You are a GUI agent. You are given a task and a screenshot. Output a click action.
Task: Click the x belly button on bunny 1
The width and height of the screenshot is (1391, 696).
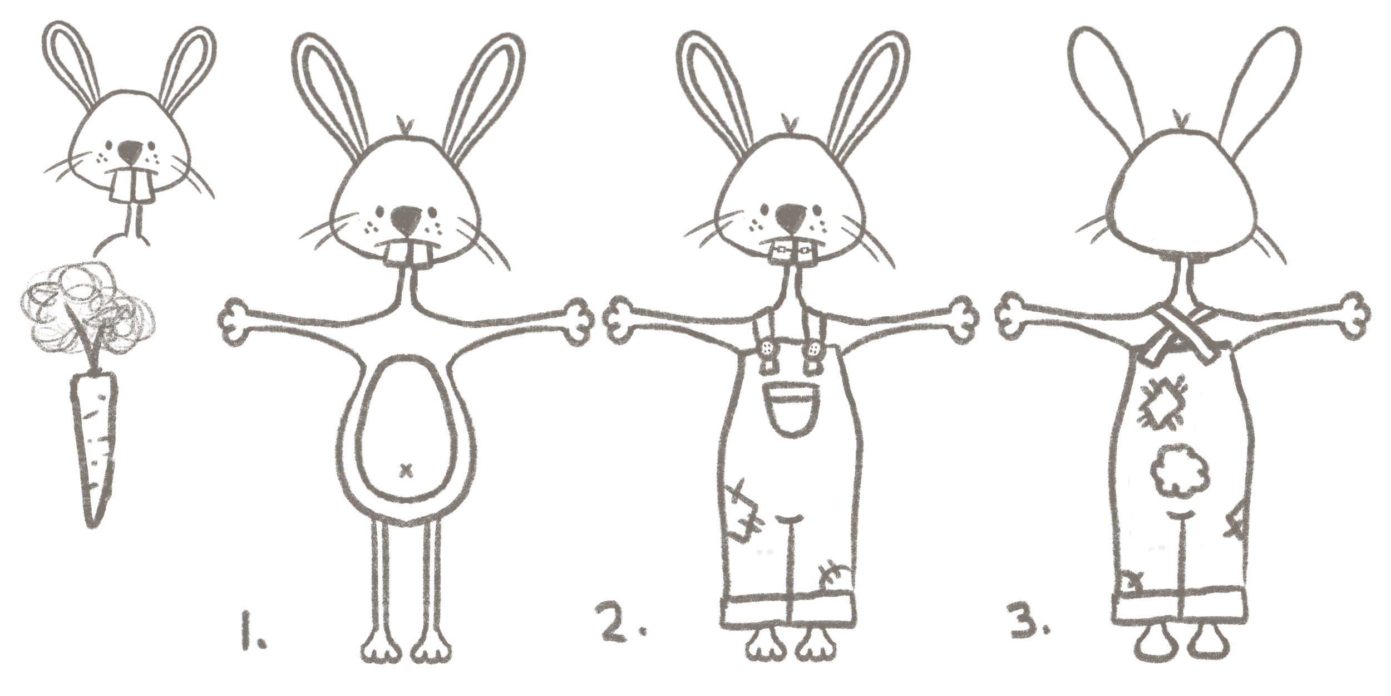407,471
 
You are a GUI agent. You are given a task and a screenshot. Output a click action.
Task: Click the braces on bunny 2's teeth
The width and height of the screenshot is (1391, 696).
790,253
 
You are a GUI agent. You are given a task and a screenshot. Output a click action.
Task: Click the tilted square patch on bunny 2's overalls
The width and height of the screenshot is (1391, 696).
743,512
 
